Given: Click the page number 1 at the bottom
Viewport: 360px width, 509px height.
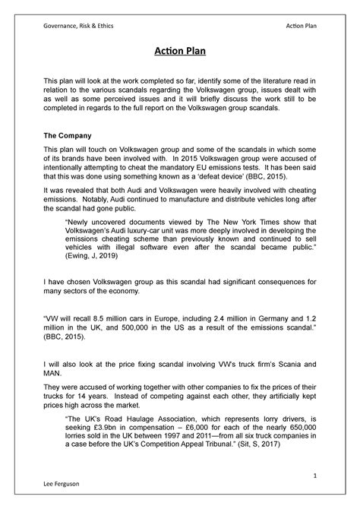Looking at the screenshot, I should tap(313, 475).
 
